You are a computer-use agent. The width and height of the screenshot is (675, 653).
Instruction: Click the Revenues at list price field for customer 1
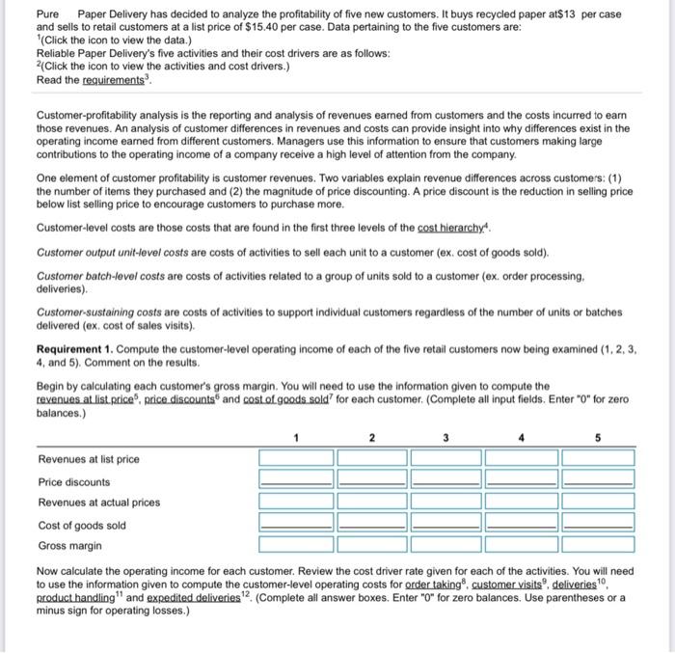pyautogui.click(x=295, y=458)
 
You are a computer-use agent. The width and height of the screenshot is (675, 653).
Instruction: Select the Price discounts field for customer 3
pyautogui.click(x=446, y=480)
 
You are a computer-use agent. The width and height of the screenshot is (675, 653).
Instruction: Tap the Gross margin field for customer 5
pyautogui.click(x=597, y=545)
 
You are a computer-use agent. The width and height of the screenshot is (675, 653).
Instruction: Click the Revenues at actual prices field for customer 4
pyautogui.click(x=522, y=502)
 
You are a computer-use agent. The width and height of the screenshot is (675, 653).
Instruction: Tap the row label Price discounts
pyautogui.click(x=74, y=481)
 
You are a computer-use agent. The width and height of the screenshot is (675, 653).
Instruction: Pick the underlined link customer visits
pyautogui.click(x=512, y=585)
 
